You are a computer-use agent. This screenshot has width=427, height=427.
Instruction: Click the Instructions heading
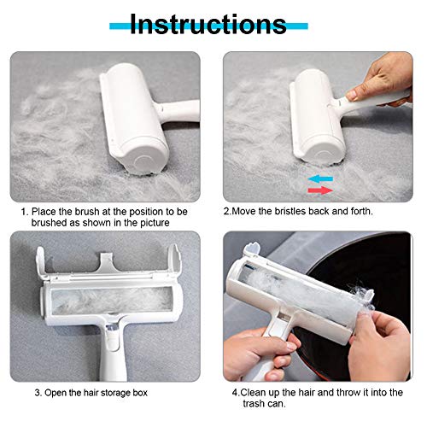(x=208, y=24)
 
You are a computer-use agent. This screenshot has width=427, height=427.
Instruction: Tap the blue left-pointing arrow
(x=320, y=179)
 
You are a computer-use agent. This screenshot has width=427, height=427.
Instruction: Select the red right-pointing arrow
(x=320, y=190)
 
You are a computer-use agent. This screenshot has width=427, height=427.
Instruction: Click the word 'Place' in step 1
(x=44, y=212)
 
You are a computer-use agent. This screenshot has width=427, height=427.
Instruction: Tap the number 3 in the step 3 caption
(x=38, y=393)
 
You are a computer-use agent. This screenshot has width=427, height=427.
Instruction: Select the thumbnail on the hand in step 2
(x=352, y=94)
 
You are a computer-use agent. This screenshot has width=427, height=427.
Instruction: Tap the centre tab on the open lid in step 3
(x=105, y=262)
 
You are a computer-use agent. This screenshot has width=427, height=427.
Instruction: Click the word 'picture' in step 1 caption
(x=155, y=223)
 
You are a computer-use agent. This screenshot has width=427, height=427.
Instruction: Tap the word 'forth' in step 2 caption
(x=360, y=211)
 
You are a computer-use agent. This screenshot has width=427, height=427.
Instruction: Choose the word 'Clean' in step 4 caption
(x=254, y=393)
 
